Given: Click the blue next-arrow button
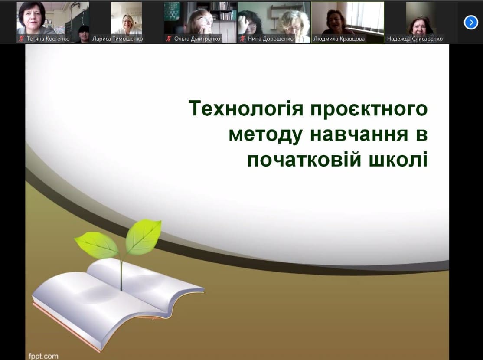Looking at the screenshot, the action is pyautogui.click(x=471, y=23).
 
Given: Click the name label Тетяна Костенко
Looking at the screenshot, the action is pyautogui.click(x=48, y=39).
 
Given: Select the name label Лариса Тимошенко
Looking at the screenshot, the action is pyautogui.click(x=117, y=39).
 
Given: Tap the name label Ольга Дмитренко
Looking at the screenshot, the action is pyautogui.click(x=197, y=39).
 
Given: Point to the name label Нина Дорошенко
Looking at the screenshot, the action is pyautogui.click(x=271, y=39).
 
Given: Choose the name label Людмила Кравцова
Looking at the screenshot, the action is pyautogui.click(x=339, y=39).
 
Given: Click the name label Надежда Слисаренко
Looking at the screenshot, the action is pyautogui.click(x=414, y=39).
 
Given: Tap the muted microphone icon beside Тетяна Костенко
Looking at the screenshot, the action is pyautogui.click(x=21, y=39).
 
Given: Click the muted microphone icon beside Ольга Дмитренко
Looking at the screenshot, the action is pyautogui.click(x=169, y=39).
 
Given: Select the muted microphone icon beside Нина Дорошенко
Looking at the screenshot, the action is pyautogui.click(x=242, y=39).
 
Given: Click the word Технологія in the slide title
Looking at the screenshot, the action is pyautogui.click(x=246, y=108).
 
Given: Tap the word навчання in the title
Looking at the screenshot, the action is pyautogui.click(x=359, y=135).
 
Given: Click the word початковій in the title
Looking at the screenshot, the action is pyautogui.click(x=304, y=159).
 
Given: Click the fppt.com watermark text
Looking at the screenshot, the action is pyautogui.click(x=43, y=356).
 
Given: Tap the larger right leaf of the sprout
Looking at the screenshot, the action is pyautogui.click(x=144, y=237).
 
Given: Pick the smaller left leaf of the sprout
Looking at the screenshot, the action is pyautogui.click(x=97, y=245).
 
